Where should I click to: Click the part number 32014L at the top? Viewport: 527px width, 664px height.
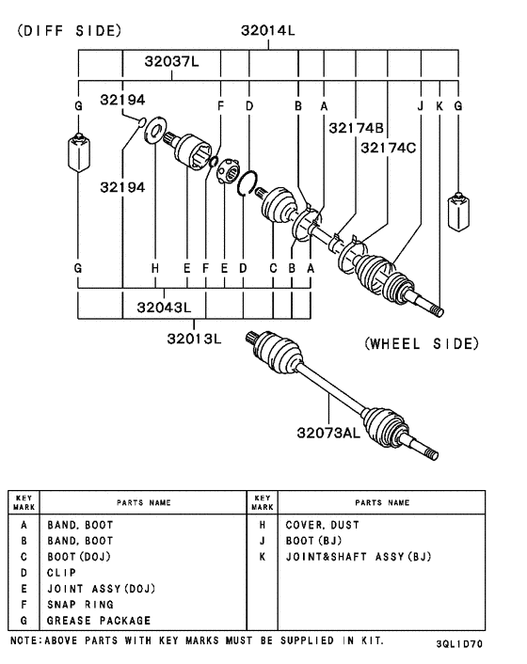click(x=268, y=30)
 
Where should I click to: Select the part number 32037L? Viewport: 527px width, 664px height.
click(x=171, y=61)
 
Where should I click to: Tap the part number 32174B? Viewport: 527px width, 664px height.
click(x=357, y=128)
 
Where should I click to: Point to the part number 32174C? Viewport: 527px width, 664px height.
click(x=389, y=148)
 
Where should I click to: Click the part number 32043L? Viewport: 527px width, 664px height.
click(x=164, y=307)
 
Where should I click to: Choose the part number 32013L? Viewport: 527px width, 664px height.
click(x=194, y=339)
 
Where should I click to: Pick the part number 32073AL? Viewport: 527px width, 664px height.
click(x=328, y=433)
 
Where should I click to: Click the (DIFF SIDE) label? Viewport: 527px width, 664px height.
click(x=70, y=31)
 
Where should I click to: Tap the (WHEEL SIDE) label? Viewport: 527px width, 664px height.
click(x=422, y=343)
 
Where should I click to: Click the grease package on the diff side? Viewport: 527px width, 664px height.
click(x=78, y=152)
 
